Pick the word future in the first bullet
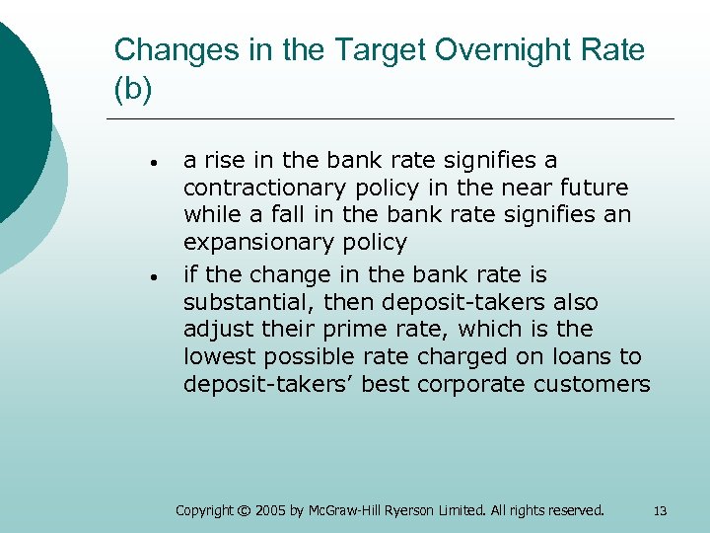(595, 187)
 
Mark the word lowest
(216, 356)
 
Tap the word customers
(593, 384)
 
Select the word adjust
(215, 329)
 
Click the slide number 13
(660, 510)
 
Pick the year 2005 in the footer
(278, 510)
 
